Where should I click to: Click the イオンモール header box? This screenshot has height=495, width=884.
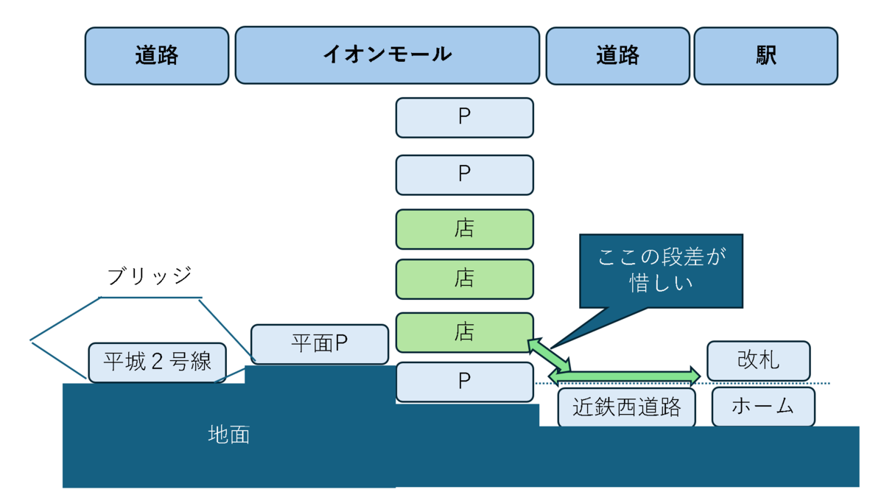387,55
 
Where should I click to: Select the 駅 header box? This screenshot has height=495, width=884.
765,56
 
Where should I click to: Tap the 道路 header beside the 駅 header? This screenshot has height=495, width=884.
617,56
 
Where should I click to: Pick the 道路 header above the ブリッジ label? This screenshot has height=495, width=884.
157,56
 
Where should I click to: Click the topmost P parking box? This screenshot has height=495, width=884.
464,118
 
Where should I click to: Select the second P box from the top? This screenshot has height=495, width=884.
464,175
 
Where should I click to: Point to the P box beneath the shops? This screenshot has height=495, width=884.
464,382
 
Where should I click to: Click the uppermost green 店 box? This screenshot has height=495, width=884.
464,229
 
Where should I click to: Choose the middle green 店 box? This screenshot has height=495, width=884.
464,279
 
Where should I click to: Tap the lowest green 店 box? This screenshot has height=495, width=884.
464,332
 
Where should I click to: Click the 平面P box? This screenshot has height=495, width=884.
319,344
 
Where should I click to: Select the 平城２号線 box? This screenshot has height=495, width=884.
157,362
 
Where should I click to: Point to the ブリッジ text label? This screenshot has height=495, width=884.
150,276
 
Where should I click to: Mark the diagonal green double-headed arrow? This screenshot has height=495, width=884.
549,354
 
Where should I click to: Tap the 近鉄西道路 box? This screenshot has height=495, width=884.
626,408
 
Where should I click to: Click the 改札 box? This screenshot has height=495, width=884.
758,361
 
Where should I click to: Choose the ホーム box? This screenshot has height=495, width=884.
763,407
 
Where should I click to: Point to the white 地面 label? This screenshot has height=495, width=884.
229,435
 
